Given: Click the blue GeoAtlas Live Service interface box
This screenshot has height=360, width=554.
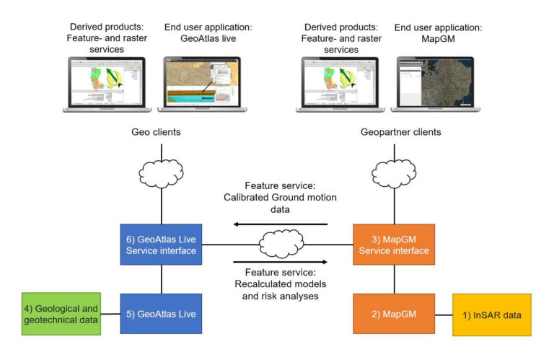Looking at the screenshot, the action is pyautogui.click(x=161, y=245).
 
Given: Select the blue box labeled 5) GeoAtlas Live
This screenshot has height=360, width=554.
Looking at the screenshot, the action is pyautogui.click(x=161, y=314).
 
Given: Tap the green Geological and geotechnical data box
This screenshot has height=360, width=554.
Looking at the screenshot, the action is pyautogui.click(x=61, y=314).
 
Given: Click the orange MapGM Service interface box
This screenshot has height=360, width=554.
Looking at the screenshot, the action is pyautogui.click(x=394, y=245).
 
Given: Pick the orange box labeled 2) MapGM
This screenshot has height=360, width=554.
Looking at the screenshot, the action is pyautogui.click(x=394, y=314).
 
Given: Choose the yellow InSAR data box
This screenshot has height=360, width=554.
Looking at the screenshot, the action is pyautogui.click(x=492, y=315).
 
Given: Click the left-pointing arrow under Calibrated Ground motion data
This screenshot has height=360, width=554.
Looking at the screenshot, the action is pyautogui.click(x=281, y=224).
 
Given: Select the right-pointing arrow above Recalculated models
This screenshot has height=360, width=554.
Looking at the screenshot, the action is pyautogui.click(x=281, y=262).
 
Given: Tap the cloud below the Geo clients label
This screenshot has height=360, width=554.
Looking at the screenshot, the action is pyautogui.click(x=161, y=173).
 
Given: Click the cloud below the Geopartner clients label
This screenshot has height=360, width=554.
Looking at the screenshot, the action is pyautogui.click(x=394, y=173).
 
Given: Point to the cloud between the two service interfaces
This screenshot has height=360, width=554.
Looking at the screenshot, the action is pyautogui.click(x=281, y=244).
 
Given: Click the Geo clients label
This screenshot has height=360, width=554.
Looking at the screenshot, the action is pyautogui.click(x=156, y=132).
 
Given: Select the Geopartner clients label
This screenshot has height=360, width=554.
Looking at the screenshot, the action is pyautogui.click(x=400, y=132).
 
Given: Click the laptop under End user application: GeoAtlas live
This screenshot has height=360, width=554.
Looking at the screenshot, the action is pyautogui.click(x=202, y=84).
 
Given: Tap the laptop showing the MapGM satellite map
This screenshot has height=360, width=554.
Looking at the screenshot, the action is pyautogui.click(x=435, y=84).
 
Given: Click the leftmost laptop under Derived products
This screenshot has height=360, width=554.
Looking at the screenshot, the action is pyautogui.click(x=107, y=84).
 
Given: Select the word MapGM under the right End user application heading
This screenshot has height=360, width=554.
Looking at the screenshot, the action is pyautogui.click(x=438, y=39).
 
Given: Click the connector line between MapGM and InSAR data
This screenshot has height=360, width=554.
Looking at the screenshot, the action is pyautogui.click(x=444, y=315).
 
